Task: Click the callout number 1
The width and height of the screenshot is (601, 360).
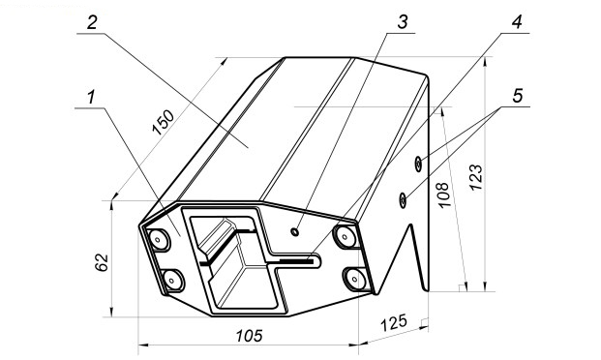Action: point(91,97)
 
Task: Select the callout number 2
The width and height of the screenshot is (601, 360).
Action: point(92,23)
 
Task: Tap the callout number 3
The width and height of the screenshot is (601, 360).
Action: point(403,22)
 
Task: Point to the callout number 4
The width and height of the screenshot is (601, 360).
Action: point(517,22)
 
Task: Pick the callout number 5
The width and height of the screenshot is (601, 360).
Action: point(518,96)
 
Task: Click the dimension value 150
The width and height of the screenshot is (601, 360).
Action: point(164,123)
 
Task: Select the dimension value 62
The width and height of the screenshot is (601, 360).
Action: point(102,262)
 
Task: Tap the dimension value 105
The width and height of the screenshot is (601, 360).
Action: point(249,336)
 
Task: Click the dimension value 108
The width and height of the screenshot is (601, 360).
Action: point(442,195)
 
